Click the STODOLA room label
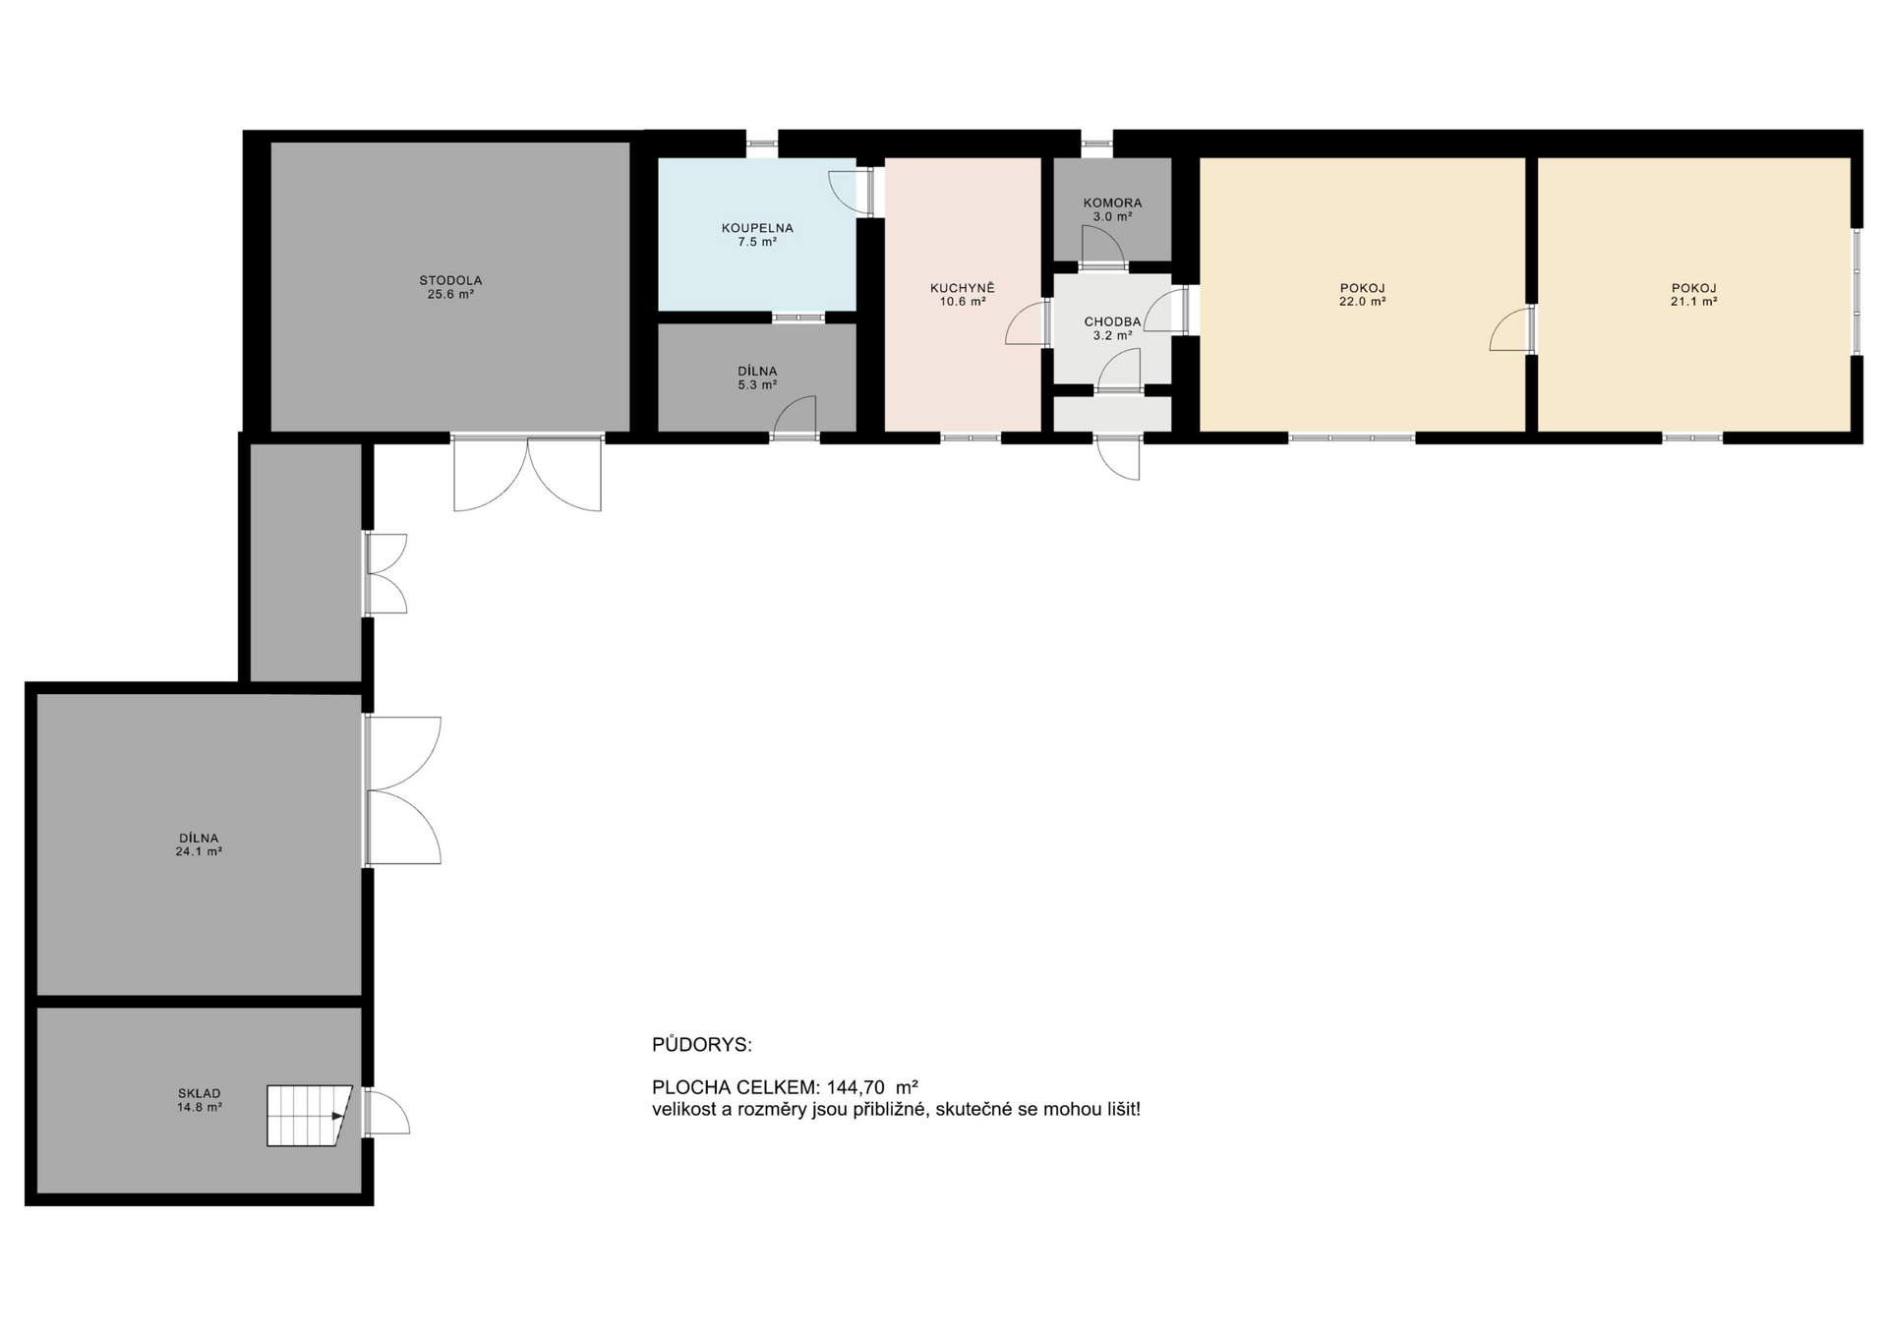(x=450, y=286)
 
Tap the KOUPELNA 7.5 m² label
(x=757, y=234)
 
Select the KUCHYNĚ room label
(x=963, y=294)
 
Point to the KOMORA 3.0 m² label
(x=1112, y=208)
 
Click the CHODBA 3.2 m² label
(x=1112, y=327)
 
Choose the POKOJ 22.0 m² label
(x=1362, y=294)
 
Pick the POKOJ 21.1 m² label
(x=1693, y=294)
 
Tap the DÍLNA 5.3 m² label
(x=757, y=377)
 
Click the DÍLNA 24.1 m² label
(x=199, y=844)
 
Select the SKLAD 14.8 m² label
(x=199, y=1099)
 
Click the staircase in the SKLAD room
(x=308, y=1115)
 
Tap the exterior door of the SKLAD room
(x=385, y=1112)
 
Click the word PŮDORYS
(x=701, y=1044)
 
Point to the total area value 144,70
(x=855, y=1087)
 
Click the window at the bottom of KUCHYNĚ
(x=971, y=437)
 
